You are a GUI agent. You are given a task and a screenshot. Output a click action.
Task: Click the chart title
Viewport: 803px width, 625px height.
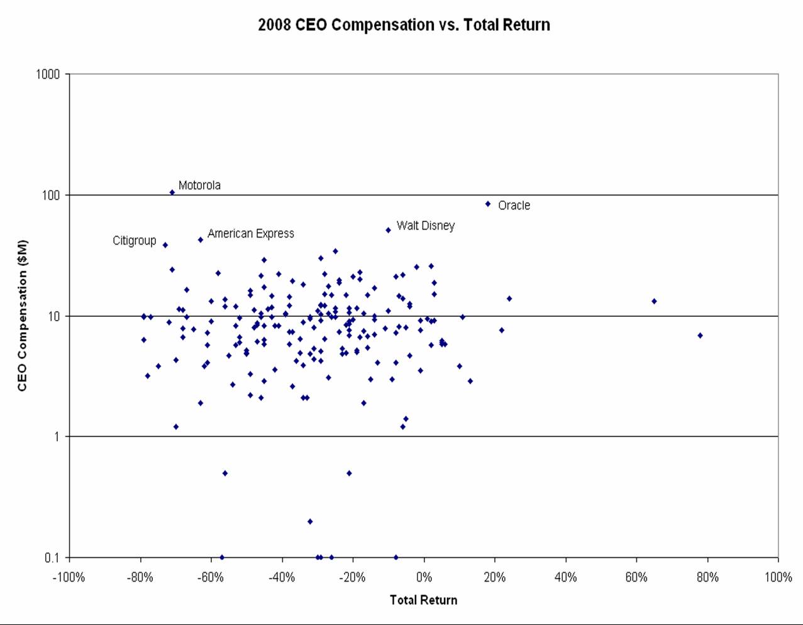(x=404, y=25)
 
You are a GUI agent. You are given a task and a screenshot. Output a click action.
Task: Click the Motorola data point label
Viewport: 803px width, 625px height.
(x=199, y=185)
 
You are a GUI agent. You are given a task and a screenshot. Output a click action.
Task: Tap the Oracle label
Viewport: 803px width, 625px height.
(x=514, y=206)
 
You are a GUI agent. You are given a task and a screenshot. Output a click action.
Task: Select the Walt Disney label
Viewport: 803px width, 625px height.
(x=425, y=226)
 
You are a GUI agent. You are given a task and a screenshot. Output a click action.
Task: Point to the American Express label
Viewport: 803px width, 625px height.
(x=250, y=234)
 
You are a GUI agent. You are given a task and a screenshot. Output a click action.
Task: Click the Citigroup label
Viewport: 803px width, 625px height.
(x=134, y=241)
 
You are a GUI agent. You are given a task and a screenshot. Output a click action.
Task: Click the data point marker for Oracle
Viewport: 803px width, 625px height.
(x=487, y=204)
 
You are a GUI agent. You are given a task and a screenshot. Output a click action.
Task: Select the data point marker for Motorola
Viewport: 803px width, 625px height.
(x=172, y=192)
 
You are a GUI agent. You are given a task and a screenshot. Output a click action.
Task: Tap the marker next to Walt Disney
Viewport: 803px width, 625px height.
(x=388, y=230)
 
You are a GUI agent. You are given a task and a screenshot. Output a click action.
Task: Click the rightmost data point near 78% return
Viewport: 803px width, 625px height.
(x=700, y=336)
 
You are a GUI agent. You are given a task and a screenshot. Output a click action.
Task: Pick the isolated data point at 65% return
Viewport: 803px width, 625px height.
(x=654, y=301)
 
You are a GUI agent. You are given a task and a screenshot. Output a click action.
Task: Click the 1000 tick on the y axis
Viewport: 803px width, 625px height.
(x=48, y=74)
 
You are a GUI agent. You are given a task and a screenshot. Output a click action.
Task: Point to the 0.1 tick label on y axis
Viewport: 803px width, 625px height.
(x=52, y=558)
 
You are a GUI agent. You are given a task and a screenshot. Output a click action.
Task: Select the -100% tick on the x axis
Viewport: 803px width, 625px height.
(x=69, y=578)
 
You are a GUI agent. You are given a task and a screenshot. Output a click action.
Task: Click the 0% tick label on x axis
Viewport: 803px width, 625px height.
(x=424, y=578)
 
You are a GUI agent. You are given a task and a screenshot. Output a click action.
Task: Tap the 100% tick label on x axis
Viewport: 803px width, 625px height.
(x=778, y=578)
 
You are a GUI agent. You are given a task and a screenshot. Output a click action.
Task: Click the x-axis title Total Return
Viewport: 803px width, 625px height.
(x=423, y=600)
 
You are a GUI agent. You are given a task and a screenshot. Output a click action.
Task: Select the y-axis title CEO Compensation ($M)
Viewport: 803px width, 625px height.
(x=23, y=316)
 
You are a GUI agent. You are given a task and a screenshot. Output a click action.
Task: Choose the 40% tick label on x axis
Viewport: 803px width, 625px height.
(x=565, y=578)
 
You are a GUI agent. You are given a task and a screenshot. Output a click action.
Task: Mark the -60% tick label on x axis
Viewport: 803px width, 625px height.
(x=211, y=578)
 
